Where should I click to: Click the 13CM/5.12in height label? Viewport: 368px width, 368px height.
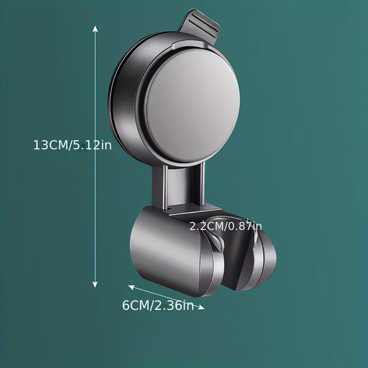pos(72,145)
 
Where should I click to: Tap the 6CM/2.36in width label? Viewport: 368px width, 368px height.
pos(158,305)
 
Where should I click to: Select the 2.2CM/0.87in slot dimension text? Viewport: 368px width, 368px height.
pos(226,226)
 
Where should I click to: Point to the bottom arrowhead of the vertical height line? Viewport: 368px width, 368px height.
pos(95,284)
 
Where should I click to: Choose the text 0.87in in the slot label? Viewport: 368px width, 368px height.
pos(245,226)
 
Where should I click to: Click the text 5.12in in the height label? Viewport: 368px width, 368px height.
pos(92,145)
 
